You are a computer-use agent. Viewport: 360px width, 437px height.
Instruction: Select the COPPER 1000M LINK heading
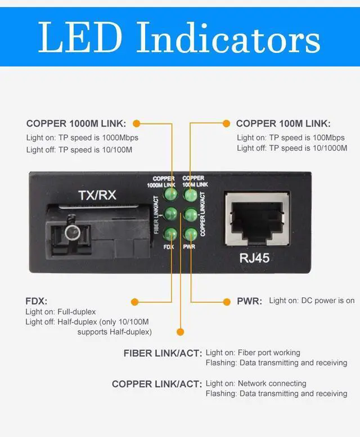(x=76, y=124)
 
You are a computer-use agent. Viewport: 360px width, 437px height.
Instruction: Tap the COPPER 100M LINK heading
(x=283, y=124)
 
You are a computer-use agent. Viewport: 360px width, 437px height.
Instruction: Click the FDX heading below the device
(x=36, y=301)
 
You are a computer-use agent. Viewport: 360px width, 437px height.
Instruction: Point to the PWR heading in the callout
(x=249, y=301)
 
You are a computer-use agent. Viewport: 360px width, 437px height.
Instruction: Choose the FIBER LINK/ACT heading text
(x=163, y=354)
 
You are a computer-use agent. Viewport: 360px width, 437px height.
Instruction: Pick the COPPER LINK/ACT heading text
(x=157, y=384)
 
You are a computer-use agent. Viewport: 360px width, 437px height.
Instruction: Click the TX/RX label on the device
(x=97, y=196)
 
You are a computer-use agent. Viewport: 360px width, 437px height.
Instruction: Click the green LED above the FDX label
(x=170, y=234)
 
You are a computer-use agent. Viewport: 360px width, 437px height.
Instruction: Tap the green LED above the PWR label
(x=190, y=234)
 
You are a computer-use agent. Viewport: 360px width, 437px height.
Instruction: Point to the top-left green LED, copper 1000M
(x=170, y=195)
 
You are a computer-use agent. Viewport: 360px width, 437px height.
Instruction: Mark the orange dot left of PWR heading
(x=228, y=302)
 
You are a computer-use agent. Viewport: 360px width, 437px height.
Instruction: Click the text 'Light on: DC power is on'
(x=311, y=301)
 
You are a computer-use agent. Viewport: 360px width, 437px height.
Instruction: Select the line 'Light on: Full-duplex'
(x=61, y=312)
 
